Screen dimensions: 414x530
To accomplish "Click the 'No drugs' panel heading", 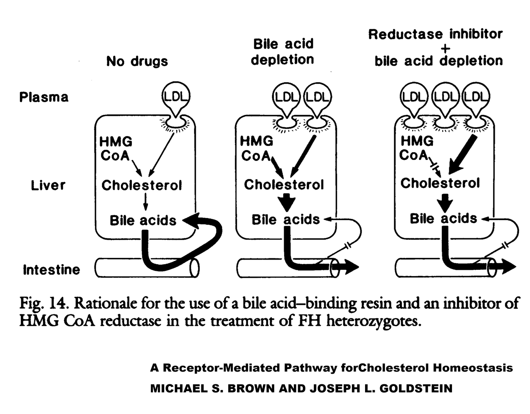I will [x=137, y=61].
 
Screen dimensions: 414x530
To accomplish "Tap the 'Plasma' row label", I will [x=44, y=97].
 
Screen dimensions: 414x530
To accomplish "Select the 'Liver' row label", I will [x=48, y=185].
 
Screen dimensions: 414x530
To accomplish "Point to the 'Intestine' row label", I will [x=51, y=270].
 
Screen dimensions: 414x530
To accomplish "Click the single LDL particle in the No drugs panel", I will [x=176, y=97].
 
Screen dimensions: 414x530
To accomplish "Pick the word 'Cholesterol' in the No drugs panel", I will [x=142, y=185].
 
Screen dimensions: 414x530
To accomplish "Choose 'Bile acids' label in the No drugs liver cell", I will [x=143, y=221].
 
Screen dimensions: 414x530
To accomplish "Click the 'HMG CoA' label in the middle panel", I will [x=256, y=148].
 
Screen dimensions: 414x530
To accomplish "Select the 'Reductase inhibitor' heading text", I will [x=435, y=34].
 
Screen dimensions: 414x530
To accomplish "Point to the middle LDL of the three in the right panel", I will [x=445, y=97].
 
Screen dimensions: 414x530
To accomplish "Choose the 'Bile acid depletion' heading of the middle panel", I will [x=282, y=52].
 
